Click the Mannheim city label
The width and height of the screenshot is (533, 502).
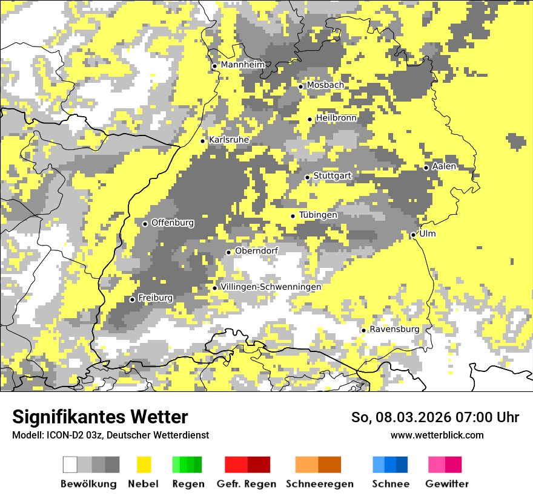[242, 65]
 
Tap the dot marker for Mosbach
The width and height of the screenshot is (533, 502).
[300, 86]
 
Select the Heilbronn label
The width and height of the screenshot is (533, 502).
[336, 118]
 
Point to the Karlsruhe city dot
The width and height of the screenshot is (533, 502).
[203, 141]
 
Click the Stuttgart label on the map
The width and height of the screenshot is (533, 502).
[332, 176]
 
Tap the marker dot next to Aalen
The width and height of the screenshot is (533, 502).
[426, 168]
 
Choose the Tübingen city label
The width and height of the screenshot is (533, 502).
[318, 215]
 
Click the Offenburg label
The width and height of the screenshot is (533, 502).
[173, 223]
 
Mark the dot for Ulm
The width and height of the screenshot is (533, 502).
[413, 235]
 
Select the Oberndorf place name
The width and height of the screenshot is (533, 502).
[256, 251]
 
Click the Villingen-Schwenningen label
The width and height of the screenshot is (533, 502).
[271, 287]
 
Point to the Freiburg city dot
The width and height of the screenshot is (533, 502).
[132, 299]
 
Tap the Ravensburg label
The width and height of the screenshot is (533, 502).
[394, 329]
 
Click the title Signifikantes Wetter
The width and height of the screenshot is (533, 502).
[100, 417]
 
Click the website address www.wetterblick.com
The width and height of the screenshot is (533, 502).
[437, 435]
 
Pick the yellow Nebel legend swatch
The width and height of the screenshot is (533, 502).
[144, 465]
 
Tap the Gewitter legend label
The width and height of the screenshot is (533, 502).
[447, 484]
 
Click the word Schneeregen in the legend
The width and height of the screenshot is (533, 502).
[320, 484]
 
